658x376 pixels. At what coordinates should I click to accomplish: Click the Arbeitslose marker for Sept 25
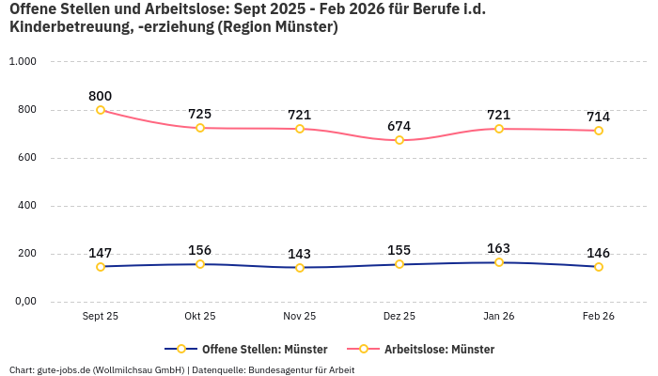point(101,110)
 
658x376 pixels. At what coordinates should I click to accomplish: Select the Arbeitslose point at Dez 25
point(399,140)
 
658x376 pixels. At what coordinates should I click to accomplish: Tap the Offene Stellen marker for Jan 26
point(499,262)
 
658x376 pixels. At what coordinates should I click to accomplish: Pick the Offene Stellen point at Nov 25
point(300,267)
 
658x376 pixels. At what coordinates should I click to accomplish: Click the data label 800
point(101,96)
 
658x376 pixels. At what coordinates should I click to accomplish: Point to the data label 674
point(399,126)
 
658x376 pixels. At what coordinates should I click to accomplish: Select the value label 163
point(499,248)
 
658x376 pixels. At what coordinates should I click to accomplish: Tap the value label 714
point(599,117)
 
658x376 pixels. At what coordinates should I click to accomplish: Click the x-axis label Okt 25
point(200,317)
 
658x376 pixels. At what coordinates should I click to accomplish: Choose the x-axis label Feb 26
point(599,317)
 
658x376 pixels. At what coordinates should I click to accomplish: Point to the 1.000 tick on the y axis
point(22,61)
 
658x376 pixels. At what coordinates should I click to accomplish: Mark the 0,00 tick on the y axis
point(23,302)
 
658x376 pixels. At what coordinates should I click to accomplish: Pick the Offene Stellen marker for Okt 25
point(200,264)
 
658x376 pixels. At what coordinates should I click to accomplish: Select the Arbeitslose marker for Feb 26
point(599,131)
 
